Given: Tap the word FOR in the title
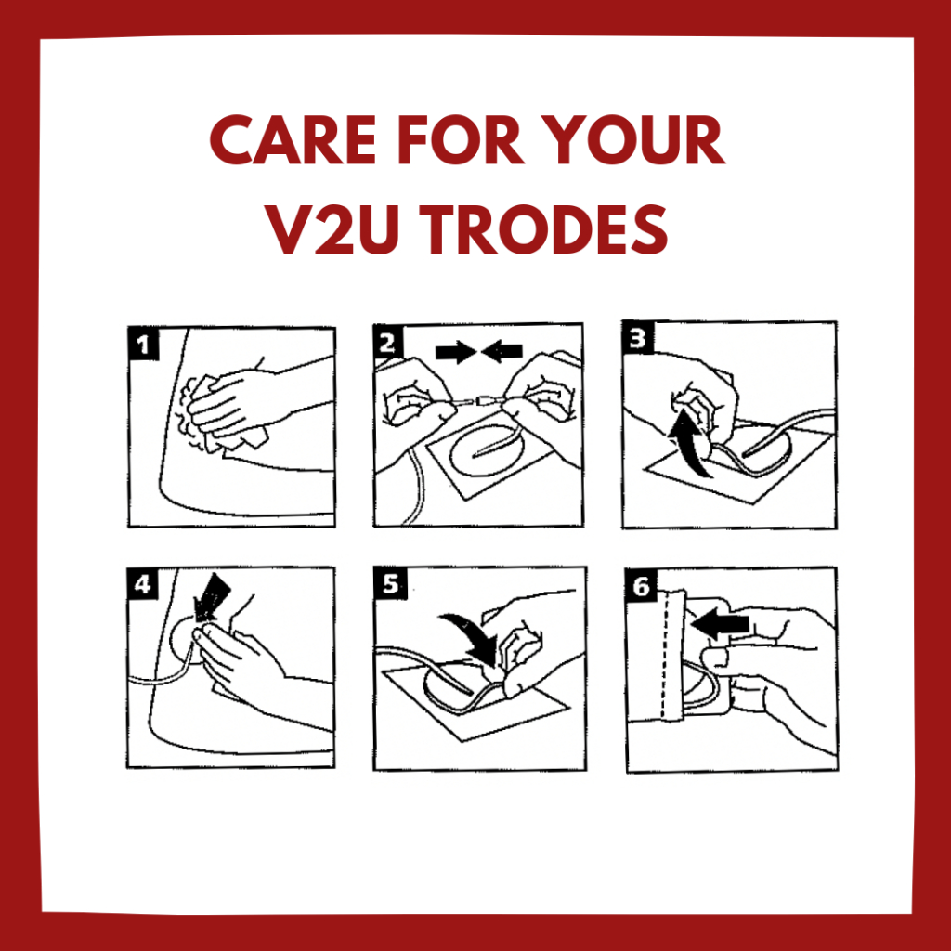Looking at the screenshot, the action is pyautogui.click(x=461, y=139).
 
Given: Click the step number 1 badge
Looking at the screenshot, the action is pyautogui.click(x=144, y=345).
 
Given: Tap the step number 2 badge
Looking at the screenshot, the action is pyautogui.click(x=387, y=343).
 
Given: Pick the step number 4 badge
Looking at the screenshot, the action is pyautogui.click(x=143, y=584).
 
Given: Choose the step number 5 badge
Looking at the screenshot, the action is pyautogui.click(x=390, y=583).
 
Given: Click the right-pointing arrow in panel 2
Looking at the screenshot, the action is pyautogui.click(x=456, y=351).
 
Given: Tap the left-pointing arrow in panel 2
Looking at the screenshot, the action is pyautogui.click(x=502, y=351).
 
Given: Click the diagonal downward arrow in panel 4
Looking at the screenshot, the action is pyautogui.click(x=212, y=597).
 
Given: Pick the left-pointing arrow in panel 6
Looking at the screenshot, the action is pyautogui.click(x=720, y=624).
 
